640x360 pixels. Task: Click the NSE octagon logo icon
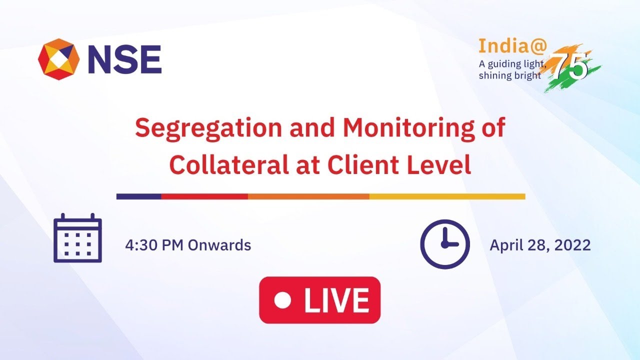coord(58,59)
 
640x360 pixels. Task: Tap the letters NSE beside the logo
coord(124,59)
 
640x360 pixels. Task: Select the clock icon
coord(444,244)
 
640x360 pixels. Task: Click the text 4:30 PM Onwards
coord(188,245)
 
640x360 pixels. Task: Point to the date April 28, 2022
coord(540,245)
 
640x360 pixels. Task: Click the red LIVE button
coord(319,300)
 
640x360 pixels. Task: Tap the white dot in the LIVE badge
coord(282,300)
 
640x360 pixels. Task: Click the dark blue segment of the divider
coord(138,196)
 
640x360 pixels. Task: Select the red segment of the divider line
coord(204,196)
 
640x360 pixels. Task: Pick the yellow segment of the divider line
coord(447,196)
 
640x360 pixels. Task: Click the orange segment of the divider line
coord(308,196)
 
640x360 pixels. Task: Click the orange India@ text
coord(503,46)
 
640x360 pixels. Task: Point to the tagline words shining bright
coord(510,75)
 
